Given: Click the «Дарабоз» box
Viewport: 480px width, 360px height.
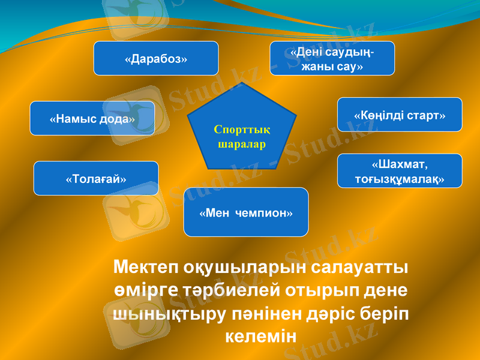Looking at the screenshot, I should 156,58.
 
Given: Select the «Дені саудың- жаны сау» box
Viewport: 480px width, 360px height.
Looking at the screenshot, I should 332,58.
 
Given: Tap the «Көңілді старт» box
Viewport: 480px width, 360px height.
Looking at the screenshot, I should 400,115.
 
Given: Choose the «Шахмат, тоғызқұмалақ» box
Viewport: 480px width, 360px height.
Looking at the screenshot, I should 400,171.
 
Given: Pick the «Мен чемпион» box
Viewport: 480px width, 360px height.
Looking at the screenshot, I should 246,212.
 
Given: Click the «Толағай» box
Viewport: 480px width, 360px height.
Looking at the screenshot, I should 96,178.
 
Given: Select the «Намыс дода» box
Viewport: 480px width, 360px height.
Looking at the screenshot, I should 92,118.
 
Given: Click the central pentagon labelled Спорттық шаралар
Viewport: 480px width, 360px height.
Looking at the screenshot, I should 242,129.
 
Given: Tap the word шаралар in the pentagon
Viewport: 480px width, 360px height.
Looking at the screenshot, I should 242,145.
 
